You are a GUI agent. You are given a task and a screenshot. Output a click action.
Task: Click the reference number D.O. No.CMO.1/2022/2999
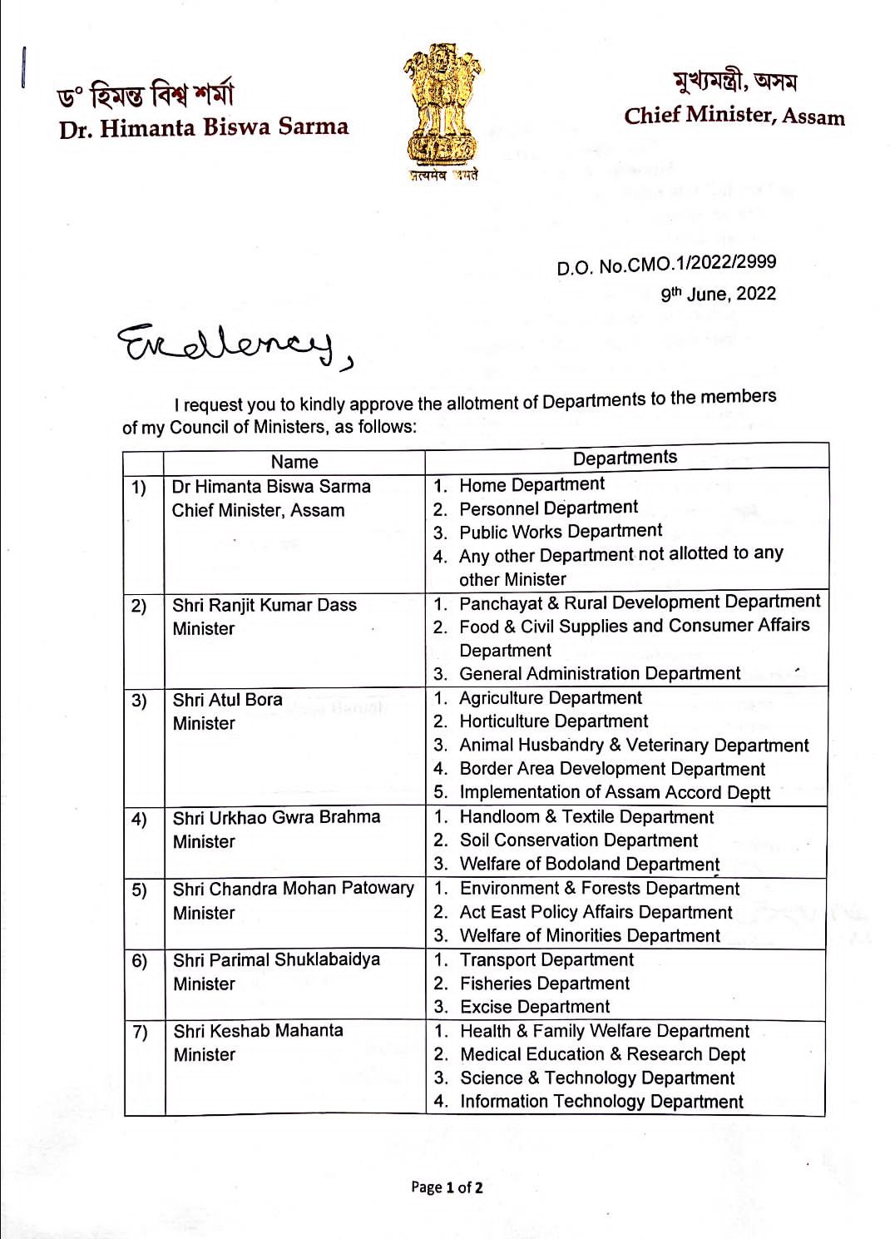[x=666, y=265]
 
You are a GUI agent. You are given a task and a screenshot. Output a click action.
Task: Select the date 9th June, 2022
[x=718, y=294]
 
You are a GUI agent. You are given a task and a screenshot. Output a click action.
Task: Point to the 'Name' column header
[x=294, y=462]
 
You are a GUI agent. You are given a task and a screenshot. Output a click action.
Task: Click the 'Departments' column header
[x=625, y=458]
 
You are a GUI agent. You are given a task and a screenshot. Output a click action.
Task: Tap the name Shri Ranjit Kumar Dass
[x=265, y=605]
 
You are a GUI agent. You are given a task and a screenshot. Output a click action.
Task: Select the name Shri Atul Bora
[x=228, y=700]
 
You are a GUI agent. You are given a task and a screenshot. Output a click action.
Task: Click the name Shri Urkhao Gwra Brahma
[x=276, y=817]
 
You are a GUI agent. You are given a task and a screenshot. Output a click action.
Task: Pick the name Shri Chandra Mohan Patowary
[x=293, y=889]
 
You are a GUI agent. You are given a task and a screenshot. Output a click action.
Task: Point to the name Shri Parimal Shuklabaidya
[x=276, y=960]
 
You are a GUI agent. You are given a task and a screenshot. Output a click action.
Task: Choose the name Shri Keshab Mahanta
[x=258, y=1031]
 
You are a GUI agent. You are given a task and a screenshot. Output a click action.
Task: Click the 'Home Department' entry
[x=532, y=484]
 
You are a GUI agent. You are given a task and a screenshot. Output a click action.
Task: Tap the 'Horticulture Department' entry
[x=553, y=721]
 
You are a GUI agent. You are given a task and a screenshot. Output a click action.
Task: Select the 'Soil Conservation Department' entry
[x=579, y=840]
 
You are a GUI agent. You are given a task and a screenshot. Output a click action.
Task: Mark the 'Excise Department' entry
[x=535, y=1007]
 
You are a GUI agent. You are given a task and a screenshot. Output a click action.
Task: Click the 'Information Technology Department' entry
[x=601, y=1102]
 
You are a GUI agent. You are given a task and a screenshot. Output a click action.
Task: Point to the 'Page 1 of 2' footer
[x=447, y=1187]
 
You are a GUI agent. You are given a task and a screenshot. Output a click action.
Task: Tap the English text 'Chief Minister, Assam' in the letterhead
[x=734, y=116]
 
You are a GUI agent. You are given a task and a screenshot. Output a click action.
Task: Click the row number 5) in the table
[x=139, y=890]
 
